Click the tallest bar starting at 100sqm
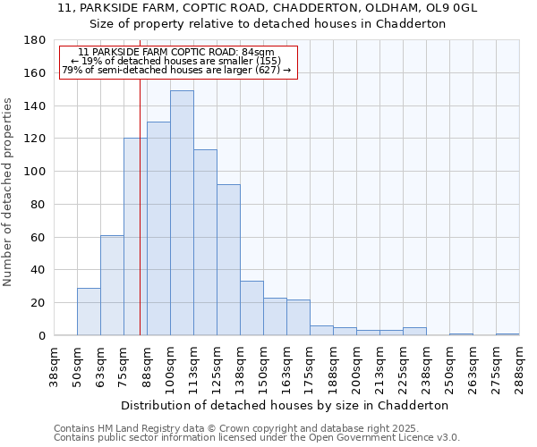tap(182, 213)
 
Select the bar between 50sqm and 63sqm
tap(89, 311)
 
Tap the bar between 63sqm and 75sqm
tap(112, 285)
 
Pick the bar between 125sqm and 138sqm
tap(228, 259)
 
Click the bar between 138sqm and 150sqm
tap(251, 308)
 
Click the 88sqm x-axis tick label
tap(148, 364)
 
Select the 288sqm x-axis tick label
tap(520, 364)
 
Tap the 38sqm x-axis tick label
tap(55, 364)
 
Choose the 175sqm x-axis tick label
tap(311, 364)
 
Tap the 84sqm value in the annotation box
tap(260, 52)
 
